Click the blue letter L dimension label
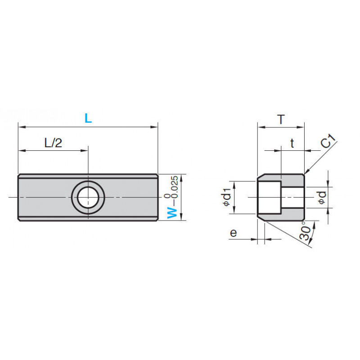[x=88, y=118]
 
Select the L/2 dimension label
[x=53, y=143]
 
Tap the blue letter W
[x=172, y=212]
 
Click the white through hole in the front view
[x=88, y=198]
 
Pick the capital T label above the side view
[x=281, y=119]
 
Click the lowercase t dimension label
[x=292, y=143]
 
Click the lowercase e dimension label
[x=233, y=233]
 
